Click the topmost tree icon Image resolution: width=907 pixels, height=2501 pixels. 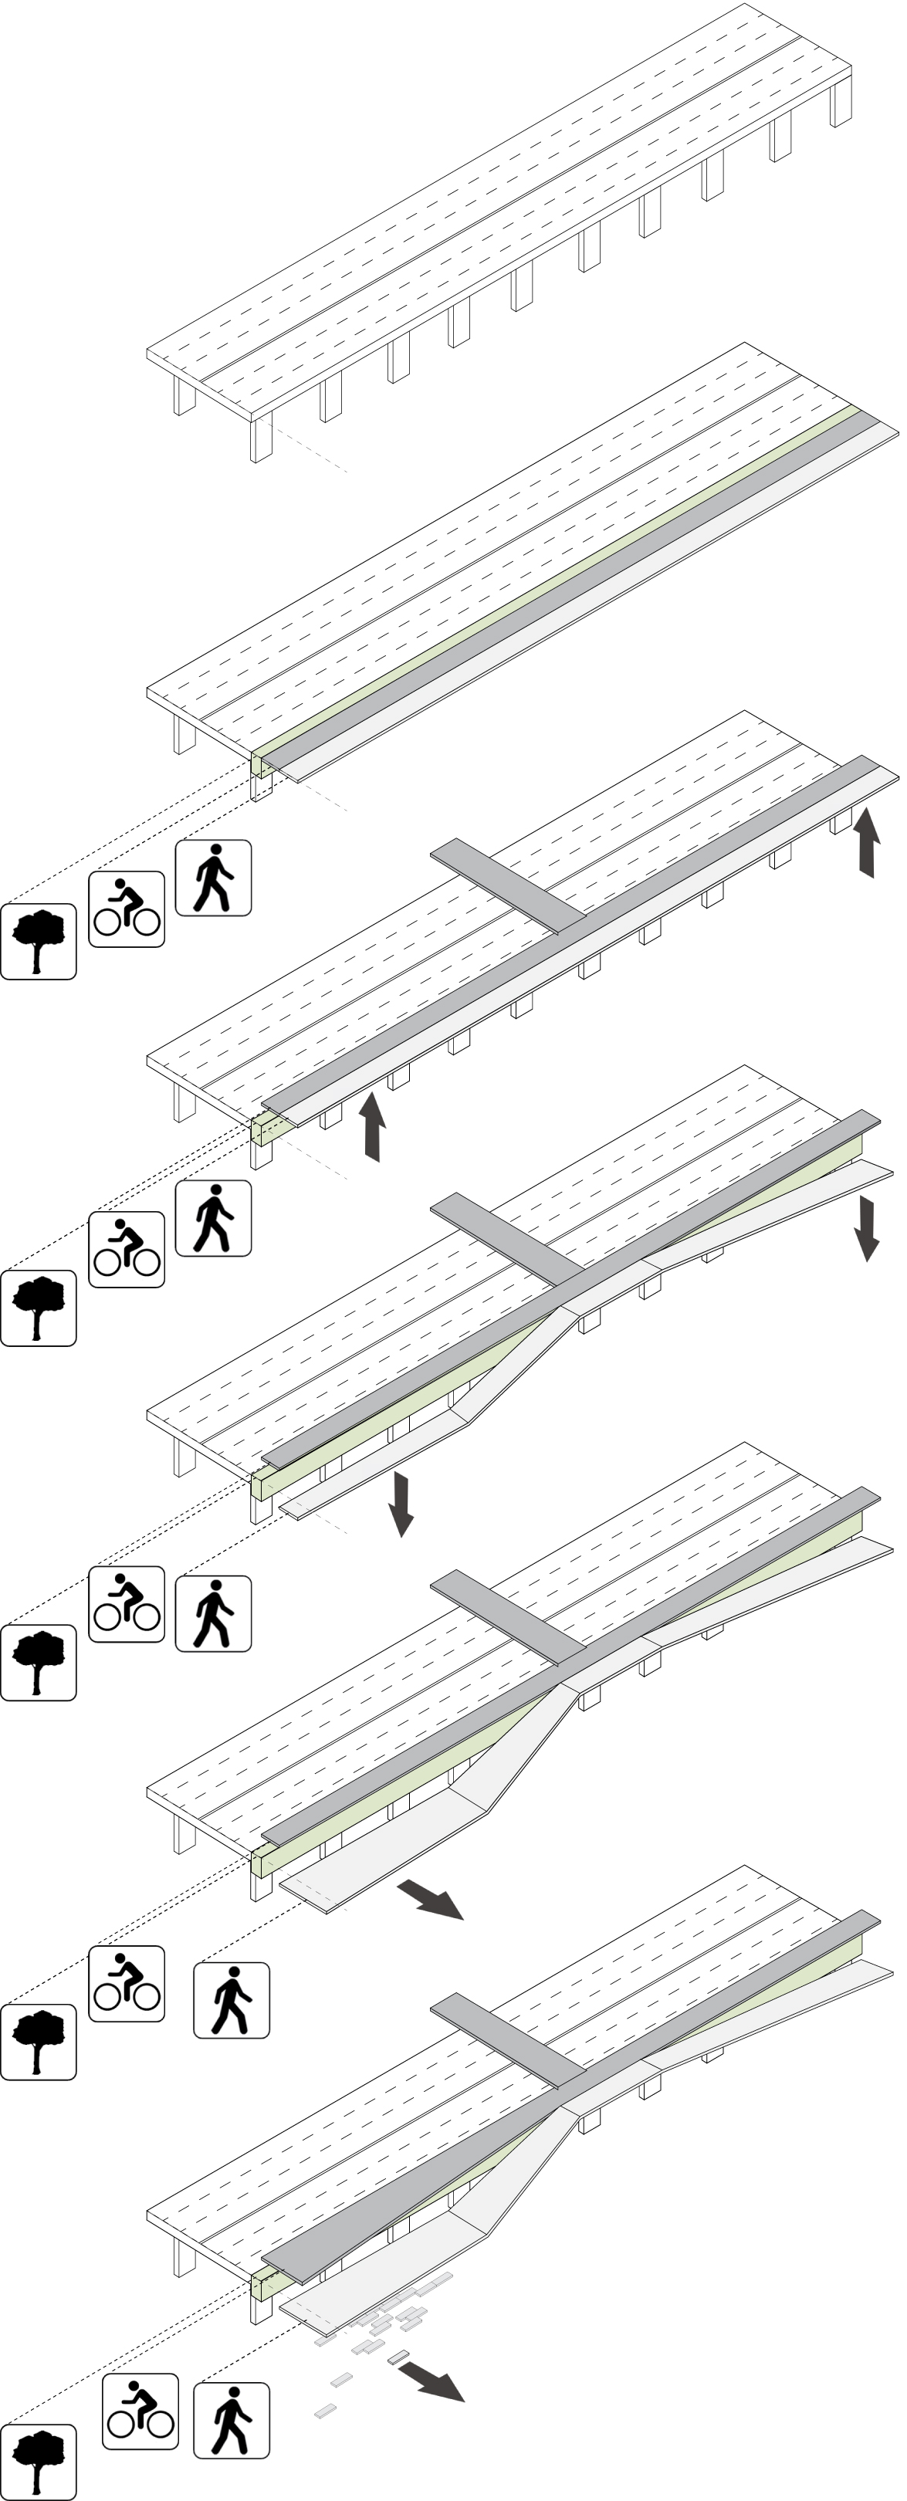[x=38, y=942]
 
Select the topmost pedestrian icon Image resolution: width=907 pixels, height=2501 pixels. [x=213, y=878]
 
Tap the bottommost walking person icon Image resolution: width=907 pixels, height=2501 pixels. [x=231, y=2421]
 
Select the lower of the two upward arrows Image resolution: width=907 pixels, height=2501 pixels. [x=373, y=1126]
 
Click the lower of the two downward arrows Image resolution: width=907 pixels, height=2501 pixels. [x=400, y=1503]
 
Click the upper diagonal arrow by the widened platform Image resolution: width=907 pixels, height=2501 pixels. [x=430, y=1899]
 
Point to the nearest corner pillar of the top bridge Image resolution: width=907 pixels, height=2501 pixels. [x=260, y=439]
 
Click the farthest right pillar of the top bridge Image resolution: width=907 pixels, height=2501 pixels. [x=840, y=101]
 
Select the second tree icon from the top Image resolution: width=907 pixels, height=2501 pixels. [x=38, y=1308]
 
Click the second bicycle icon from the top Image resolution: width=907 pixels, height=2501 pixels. [x=127, y=1250]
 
